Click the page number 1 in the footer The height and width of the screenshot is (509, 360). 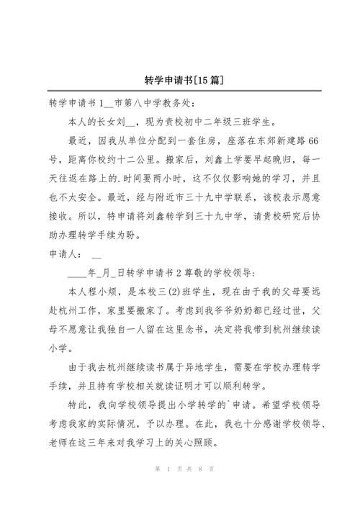[167, 490]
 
